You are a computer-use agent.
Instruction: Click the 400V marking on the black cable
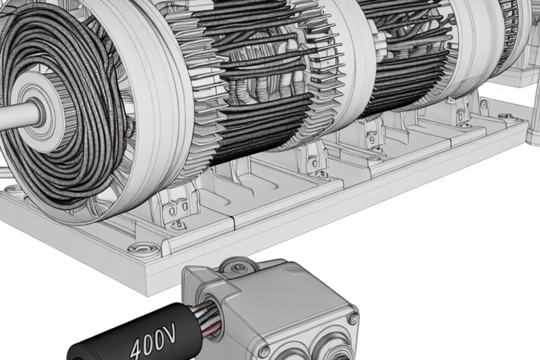152,340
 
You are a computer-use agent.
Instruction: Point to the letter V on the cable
169,332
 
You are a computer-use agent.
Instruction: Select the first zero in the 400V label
148,342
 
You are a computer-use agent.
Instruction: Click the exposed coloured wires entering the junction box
207,319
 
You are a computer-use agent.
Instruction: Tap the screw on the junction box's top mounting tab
237,267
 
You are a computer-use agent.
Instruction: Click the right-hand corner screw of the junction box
352,318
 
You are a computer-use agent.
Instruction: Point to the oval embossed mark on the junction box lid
292,271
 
